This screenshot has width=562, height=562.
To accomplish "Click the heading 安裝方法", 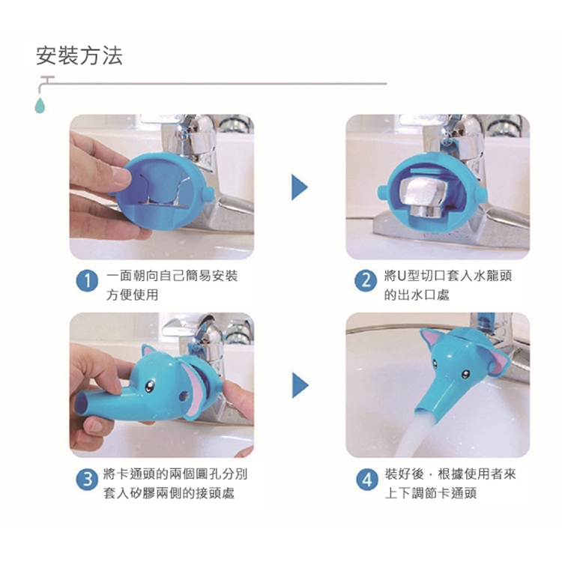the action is pyautogui.click(x=79, y=56).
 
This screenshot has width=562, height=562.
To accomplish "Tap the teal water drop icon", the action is pyautogui.click(x=40, y=105).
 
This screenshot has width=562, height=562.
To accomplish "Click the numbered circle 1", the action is pyautogui.click(x=87, y=281).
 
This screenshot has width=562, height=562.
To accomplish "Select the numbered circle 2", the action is pyautogui.click(x=366, y=281).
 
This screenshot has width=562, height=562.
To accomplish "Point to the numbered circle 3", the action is pyautogui.click(x=87, y=480).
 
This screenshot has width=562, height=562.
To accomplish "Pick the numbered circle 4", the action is pyautogui.click(x=367, y=480).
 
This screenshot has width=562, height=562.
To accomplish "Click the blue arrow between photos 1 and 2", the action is pyautogui.click(x=300, y=187).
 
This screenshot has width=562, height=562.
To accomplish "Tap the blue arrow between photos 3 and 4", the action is pyautogui.click(x=300, y=385).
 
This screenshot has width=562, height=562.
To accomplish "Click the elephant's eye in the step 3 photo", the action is pyautogui.click(x=149, y=387).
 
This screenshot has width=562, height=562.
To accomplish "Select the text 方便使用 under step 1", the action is pyautogui.click(x=132, y=294).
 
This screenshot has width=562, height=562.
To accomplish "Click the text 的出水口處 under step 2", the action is pyautogui.click(x=417, y=294).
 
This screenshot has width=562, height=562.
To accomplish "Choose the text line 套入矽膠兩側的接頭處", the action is pyautogui.click(x=169, y=493).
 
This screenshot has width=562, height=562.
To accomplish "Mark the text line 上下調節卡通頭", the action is pyautogui.click(x=431, y=493).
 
